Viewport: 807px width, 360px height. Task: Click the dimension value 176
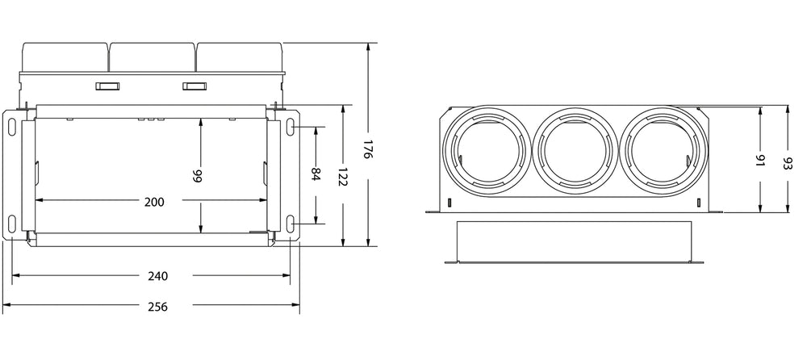tap(367, 150)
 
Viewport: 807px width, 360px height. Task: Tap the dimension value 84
tap(316, 174)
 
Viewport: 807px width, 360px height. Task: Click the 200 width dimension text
tap(153, 202)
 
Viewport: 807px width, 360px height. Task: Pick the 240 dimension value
tap(158, 276)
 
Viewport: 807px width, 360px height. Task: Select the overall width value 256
tap(158, 307)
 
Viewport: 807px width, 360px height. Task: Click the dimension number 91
tap(759, 160)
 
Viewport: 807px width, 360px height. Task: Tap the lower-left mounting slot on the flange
tap(14, 224)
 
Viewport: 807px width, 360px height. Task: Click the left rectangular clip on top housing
tap(107, 86)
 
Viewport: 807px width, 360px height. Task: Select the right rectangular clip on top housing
tap(194, 86)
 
